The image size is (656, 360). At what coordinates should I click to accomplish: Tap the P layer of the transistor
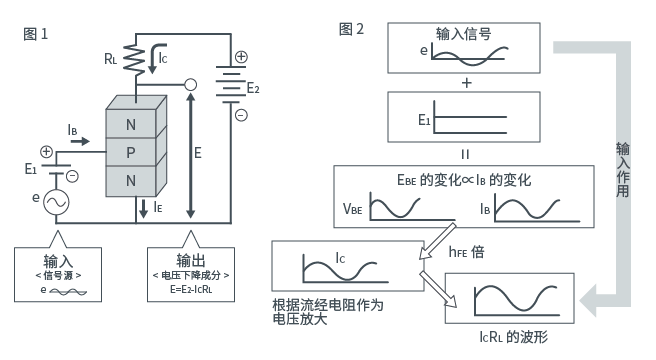point(131,152)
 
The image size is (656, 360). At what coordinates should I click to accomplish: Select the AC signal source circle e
point(56,203)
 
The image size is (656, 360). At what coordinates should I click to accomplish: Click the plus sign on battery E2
point(241,57)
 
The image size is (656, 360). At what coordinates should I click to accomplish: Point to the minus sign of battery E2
point(241,115)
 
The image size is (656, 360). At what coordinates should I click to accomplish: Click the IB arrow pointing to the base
point(80,141)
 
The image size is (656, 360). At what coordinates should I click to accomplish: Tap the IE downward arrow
point(144,208)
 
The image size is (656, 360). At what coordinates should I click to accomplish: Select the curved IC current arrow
point(156,58)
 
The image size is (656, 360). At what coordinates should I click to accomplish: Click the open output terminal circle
point(190,85)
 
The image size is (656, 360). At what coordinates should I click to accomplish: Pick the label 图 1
point(36,34)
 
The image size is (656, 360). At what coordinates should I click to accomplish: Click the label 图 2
point(351,29)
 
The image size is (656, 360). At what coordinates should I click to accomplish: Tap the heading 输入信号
point(464,33)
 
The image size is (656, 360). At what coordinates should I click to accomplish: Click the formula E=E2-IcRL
point(191,289)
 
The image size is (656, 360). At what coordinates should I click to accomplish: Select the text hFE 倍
point(466,252)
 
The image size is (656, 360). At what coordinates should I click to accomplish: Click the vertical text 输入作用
point(623,170)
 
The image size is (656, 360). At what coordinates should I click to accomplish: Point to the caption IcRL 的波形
point(513,337)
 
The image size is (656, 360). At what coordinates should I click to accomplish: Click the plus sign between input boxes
point(466,83)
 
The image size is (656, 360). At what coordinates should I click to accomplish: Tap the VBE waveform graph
point(412,206)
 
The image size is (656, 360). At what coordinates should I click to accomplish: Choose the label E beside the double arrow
point(198,153)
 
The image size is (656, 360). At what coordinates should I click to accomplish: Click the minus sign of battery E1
point(72,176)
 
